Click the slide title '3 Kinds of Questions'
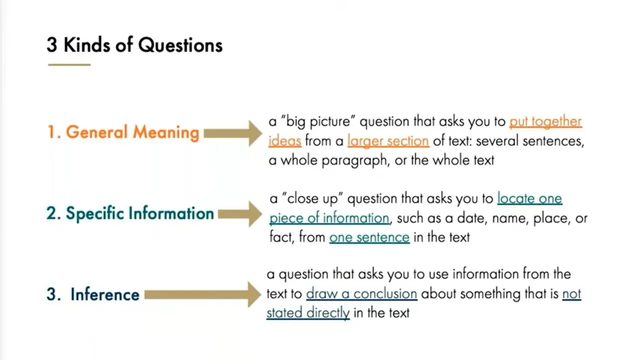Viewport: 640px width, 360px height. [x=134, y=45]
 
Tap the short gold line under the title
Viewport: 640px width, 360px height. [x=69, y=65]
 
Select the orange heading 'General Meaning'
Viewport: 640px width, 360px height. [x=132, y=132]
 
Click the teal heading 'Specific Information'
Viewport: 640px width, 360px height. [x=140, y=213]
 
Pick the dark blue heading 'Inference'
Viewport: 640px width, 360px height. [x=105, y=294]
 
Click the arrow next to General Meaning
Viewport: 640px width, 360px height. [x=233, y=133]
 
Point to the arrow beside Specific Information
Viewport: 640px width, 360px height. [x=240, y=214]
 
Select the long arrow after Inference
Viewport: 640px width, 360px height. [x=203, y=294]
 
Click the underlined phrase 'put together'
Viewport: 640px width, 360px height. [x=545, y=122]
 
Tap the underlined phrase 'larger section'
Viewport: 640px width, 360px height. [x=388, y=141]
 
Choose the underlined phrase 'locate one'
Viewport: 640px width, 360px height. [x=529, y=198]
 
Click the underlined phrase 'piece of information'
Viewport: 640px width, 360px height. [x=329, y=218]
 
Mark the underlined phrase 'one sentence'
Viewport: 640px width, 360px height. [x=369, y=237]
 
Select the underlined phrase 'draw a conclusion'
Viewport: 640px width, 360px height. [x=361, y=293]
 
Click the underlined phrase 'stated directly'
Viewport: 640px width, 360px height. [x=308, y=313]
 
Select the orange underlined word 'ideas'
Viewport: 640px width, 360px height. [x=285, y=141]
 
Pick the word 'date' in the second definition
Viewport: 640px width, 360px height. [x=469, y=218]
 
